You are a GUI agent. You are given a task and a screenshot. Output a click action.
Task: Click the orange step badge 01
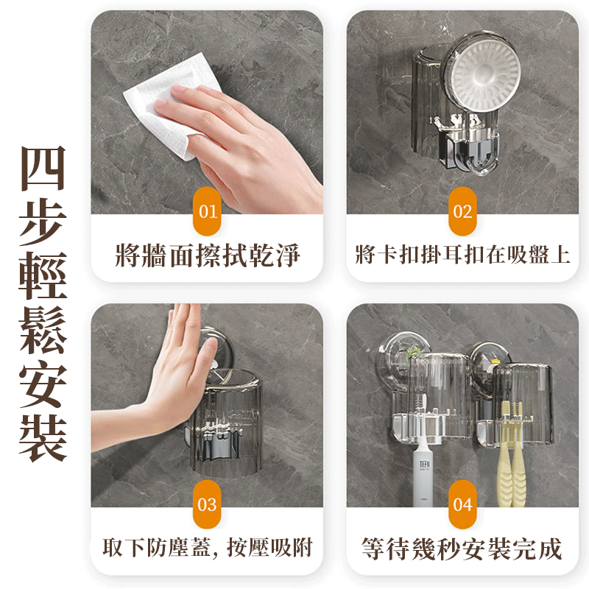(x=207, y=211)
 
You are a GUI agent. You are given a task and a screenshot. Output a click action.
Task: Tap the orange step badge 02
(x=462, y=211)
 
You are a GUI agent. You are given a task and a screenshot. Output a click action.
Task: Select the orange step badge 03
(x=207, y=504)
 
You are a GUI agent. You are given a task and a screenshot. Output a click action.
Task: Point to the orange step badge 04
(x=462, y=504)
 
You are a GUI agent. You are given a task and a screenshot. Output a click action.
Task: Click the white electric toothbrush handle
(x=422, y=477)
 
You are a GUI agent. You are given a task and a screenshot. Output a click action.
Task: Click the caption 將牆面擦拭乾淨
(x=208, y=255)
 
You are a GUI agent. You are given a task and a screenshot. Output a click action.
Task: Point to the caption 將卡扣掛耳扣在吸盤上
(x=462, y=255)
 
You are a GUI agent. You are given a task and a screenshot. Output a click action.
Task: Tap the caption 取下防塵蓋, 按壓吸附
(x=208, y=548)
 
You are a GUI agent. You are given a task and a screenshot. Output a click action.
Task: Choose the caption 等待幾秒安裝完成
(x=462, y=549)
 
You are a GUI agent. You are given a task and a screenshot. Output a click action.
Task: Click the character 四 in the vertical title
(x=43, y=169)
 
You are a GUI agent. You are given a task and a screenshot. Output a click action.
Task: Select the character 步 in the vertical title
(x=43, y=222)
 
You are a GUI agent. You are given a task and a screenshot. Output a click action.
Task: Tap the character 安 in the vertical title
(x=43, y=384)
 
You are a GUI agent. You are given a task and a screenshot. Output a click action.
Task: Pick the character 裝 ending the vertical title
(x=43, y=438)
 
